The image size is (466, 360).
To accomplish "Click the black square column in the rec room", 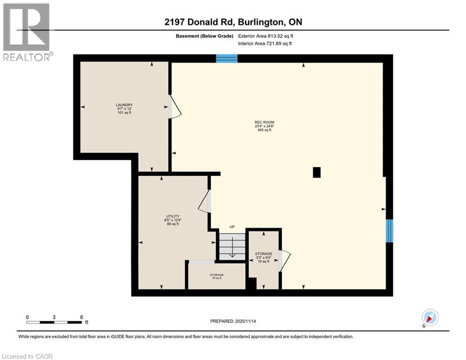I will coord(317,172).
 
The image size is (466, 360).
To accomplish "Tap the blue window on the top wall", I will coord(227,59).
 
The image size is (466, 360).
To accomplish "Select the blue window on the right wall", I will coord(389,231).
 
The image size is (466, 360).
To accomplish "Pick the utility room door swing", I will coord(205,202).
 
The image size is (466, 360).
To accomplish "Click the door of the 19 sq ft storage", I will coord(284,261).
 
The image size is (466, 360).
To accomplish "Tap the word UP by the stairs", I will coord(232,227).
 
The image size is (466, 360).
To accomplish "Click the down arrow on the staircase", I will coord(232,254).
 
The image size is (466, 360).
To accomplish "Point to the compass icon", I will coord(429,318).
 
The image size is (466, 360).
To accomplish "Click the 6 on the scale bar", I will coord(82,317).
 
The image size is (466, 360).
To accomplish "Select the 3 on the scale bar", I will coord(54,317).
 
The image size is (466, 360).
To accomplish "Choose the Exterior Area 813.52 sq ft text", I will coord(266,35).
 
